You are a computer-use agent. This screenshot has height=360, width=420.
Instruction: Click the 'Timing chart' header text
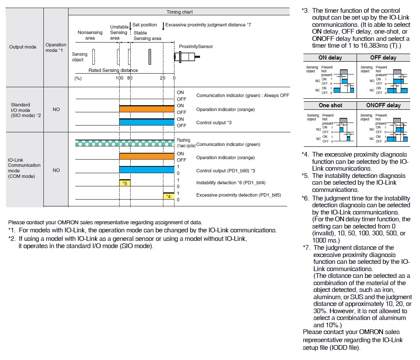point(179,12)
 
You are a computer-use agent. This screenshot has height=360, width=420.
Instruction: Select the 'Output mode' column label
point(23,47)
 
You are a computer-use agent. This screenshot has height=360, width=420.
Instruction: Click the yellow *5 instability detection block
point(125,183)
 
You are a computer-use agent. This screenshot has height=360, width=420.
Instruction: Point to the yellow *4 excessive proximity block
point(169,196)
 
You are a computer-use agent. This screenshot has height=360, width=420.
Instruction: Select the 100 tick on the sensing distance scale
point(119,78)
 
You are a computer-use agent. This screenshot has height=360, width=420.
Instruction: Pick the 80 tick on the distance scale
point(129,78)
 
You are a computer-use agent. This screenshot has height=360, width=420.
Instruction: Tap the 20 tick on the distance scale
point(163,78)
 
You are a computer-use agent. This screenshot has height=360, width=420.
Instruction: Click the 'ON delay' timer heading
point(330,57)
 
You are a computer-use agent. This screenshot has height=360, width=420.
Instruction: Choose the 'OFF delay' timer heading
point(383,57)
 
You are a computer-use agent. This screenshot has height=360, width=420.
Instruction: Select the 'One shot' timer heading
point(330,105)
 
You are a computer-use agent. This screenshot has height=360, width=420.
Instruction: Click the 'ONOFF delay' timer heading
point(383,105)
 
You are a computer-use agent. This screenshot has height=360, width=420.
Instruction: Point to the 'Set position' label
point(145,25)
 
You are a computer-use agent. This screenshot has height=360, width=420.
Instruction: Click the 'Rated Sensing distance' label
point(113,70)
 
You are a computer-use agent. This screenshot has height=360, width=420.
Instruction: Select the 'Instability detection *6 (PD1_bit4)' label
point(231,183)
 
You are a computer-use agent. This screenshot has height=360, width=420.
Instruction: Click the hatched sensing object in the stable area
point(150,56)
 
